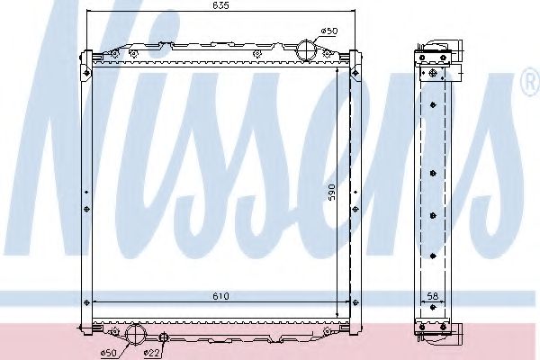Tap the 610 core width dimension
pos(220,294)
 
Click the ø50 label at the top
pos(330,31)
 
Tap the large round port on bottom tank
pos(136,334)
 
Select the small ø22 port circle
pos(164,337)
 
